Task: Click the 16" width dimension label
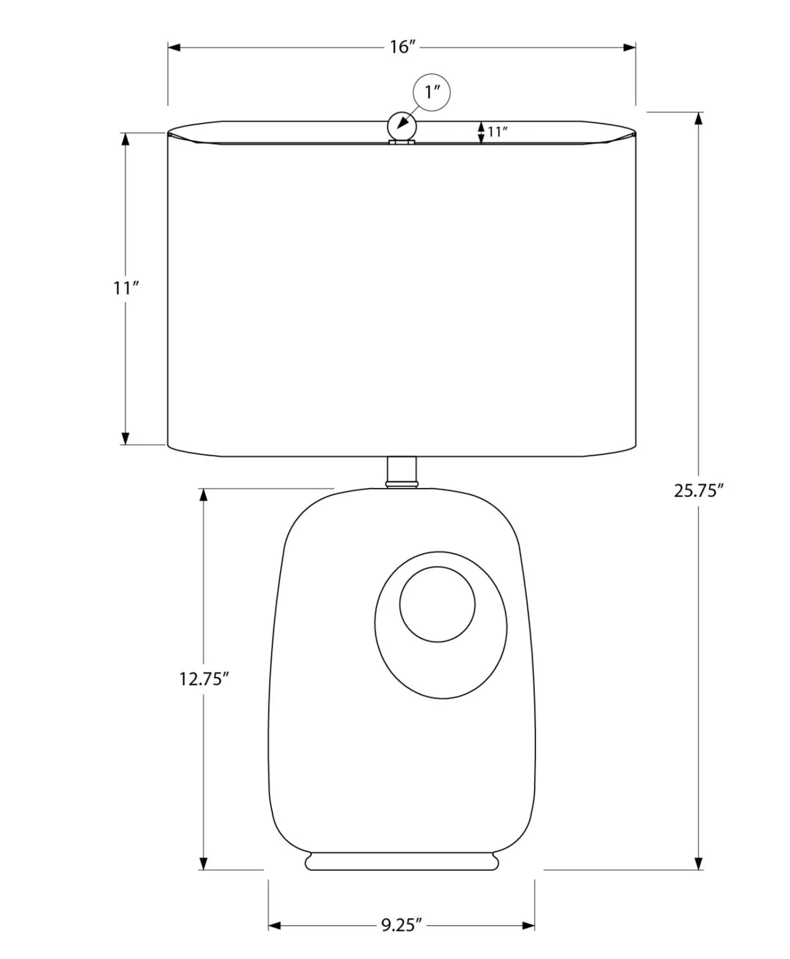[x=403, y=47]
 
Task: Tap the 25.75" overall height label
[x=699, y=491]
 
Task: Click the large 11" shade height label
[x=126, y=289]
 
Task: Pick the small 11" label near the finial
[x=498, y=132]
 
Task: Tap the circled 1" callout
[x=432, y=92]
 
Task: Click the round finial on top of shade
[x=402, y=127]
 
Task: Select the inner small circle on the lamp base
[x=437, y=604]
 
